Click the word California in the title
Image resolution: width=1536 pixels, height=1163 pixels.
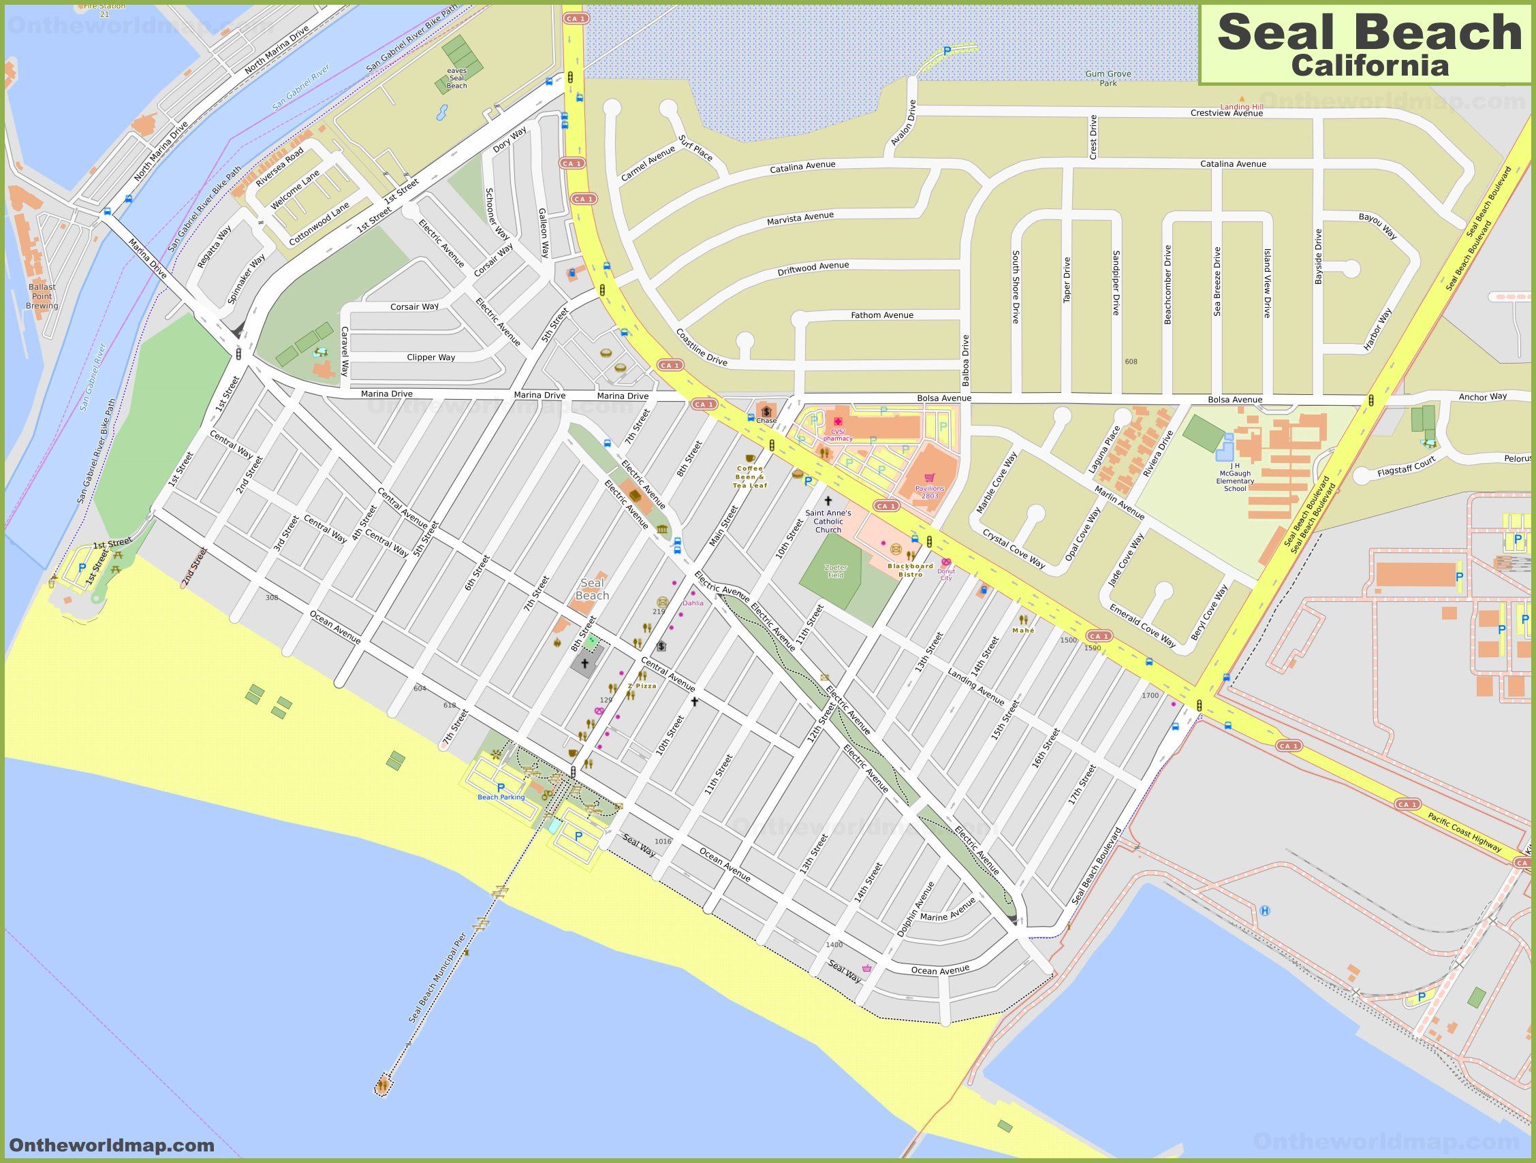point(1369,65)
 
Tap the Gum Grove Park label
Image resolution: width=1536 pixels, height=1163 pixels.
point(1108,78)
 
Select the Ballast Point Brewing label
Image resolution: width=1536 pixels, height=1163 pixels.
point(42,296)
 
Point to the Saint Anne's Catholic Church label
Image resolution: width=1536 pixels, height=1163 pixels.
point(828,521)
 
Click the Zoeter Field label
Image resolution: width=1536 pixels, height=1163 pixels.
point(835,571)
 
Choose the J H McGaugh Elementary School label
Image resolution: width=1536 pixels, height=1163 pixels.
point(1235,477)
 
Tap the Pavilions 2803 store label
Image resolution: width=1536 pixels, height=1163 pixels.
point(929,492)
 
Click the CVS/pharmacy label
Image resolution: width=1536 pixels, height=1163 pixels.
point(836,434)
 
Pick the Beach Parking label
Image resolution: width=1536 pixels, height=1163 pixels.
point(501,797)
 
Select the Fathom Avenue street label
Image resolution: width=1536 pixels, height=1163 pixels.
point(882,315)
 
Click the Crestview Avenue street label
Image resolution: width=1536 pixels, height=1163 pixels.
point(1226,112)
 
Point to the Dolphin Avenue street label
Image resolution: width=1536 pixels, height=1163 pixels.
point(915,909)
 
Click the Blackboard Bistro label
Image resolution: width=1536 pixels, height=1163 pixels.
point(910,570)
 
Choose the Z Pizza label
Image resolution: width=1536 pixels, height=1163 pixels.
point(642,685)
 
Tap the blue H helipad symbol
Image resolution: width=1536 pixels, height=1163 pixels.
point(1264,910)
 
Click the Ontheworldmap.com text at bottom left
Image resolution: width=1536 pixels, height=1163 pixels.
point(112,1145)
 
